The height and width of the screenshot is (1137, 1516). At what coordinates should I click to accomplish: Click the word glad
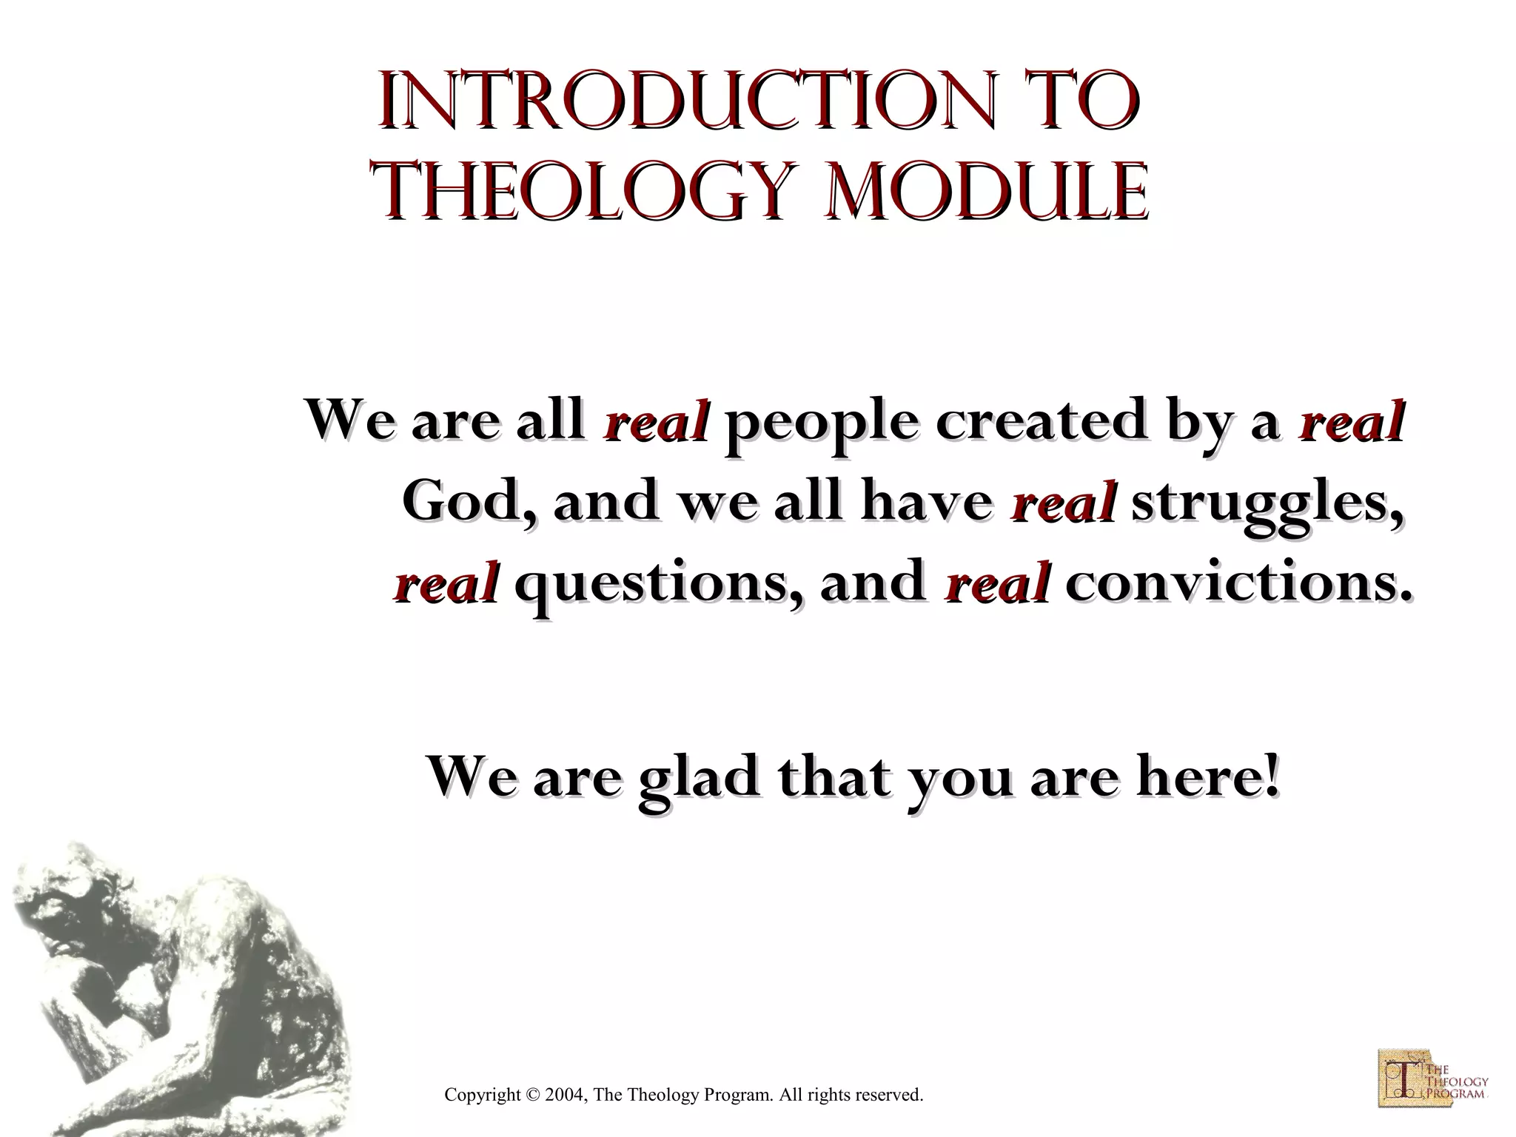(x=699, y=779)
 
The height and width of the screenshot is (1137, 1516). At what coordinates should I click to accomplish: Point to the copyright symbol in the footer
(x=532, y=1095)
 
